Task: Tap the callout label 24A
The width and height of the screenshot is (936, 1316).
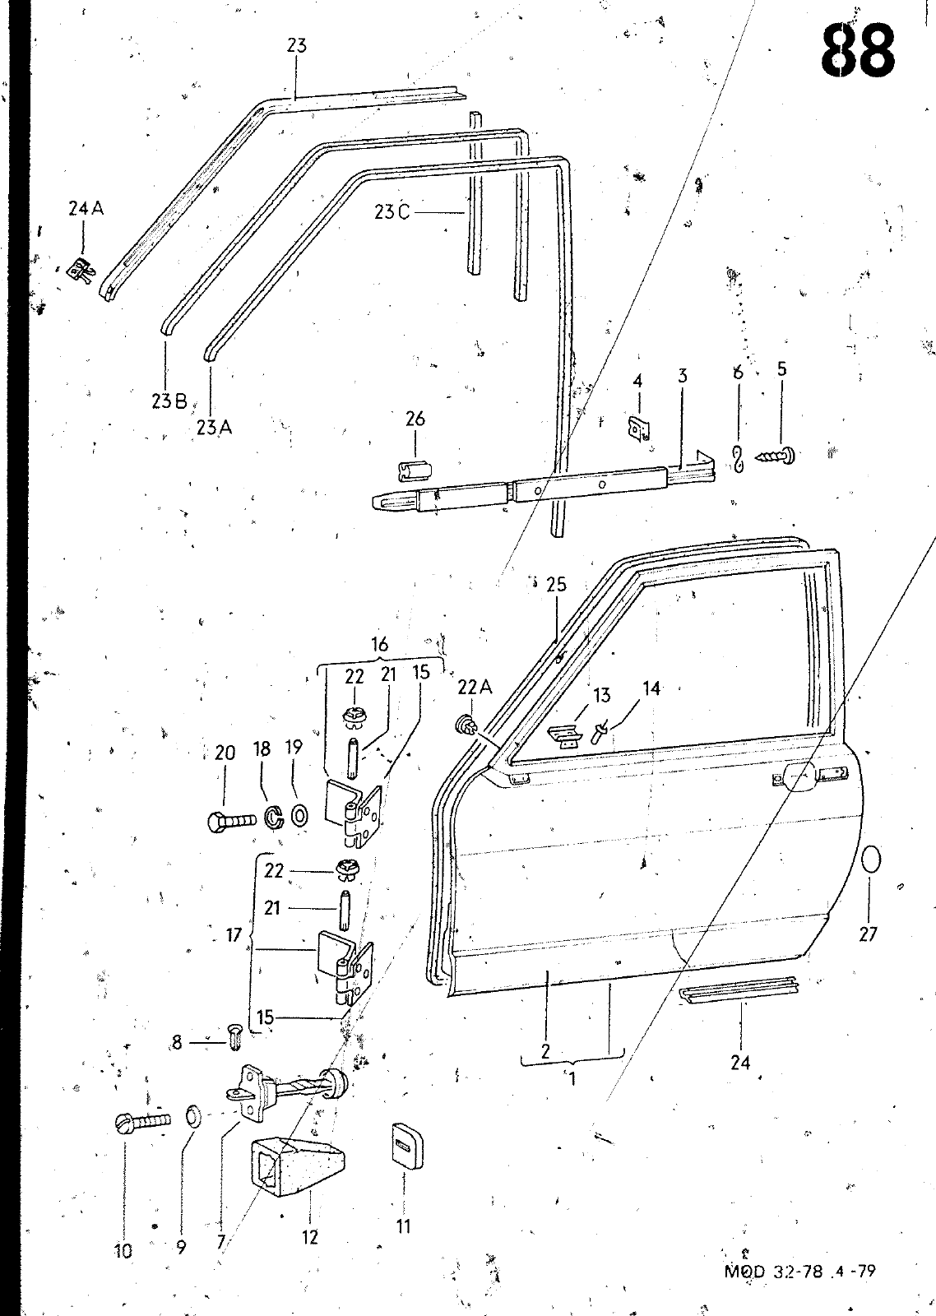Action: (86, 209)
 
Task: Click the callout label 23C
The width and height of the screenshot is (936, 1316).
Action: (392, 211)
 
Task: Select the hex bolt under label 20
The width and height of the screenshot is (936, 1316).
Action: (232, 819)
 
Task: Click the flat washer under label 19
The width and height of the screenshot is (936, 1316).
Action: (299, 815)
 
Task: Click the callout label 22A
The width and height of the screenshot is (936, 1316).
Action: (475, 688)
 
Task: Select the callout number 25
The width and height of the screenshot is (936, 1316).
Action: (556, 585)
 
